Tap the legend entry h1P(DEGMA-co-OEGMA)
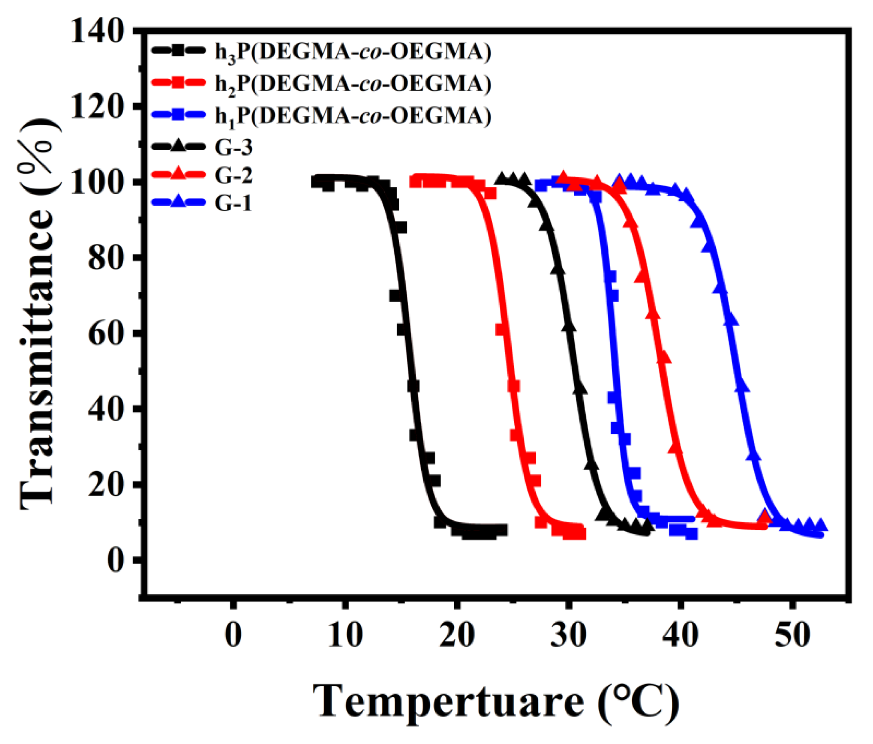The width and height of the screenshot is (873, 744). (353, 114)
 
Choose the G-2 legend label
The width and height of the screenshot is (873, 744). (233, 175)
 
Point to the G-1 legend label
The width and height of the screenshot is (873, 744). (233, 203)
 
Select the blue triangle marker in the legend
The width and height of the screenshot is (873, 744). (179, 203)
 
